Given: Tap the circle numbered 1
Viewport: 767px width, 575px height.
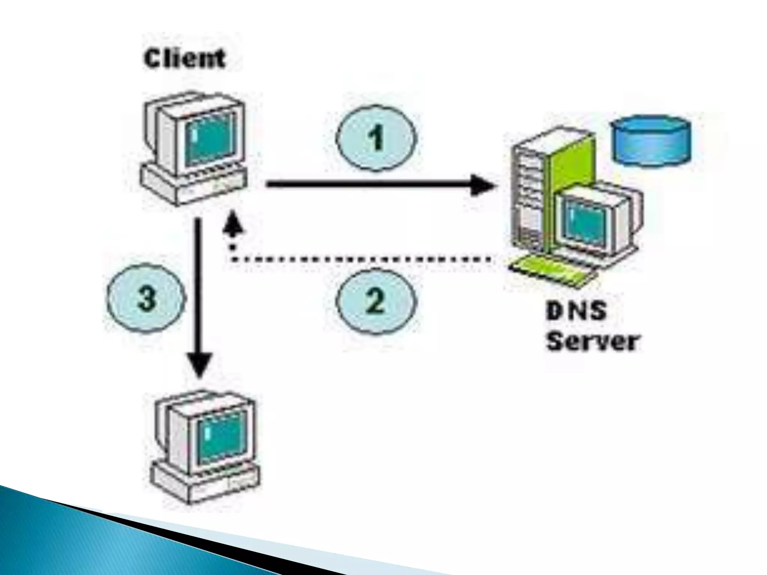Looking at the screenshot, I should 376,139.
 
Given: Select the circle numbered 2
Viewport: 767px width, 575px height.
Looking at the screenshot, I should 376,301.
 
